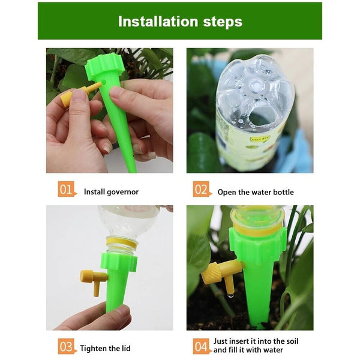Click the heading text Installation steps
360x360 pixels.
tap(180, 22)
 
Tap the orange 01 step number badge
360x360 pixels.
tap(67, 190)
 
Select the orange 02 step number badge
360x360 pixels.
tap(202, 190)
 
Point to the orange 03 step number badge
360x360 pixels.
tap(67, 347)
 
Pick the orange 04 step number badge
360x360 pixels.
tap(202, 347)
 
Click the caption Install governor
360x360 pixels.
tap(111, 192)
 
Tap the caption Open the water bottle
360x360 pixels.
tap(256, 192)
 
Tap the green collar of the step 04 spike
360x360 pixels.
tap(258, 245)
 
